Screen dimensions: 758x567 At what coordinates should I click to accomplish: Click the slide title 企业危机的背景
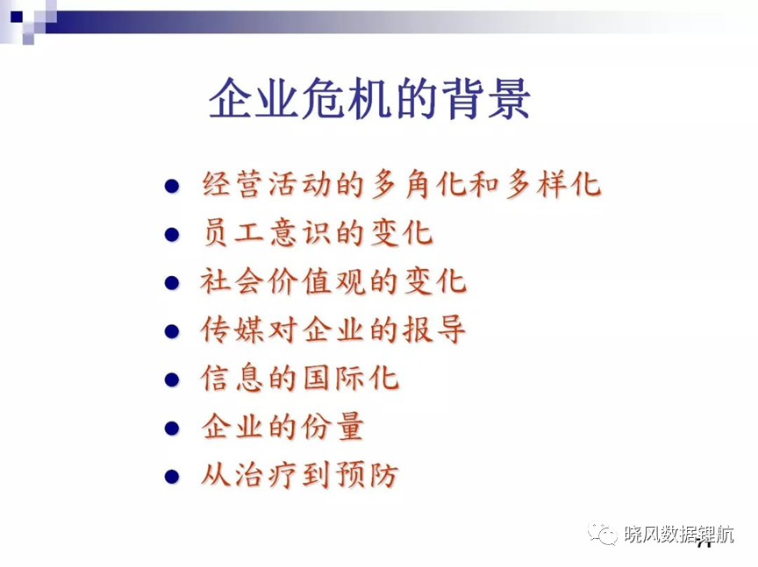pyautogui.click(x=370, y=98)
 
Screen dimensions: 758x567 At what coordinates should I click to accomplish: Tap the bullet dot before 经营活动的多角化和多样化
pyautogui.click(x=172, y=186)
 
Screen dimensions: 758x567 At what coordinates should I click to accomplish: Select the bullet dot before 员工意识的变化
pyautogui.click(x=172, y=235)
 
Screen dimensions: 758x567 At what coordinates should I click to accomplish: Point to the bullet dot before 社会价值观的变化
pyautogui.click(x=172, y=283)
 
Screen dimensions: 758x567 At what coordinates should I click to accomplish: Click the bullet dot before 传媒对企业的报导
pyautogui.click(x=172, y=331)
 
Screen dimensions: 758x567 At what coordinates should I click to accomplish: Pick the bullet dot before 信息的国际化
pyautogui.click(x=172, y=379)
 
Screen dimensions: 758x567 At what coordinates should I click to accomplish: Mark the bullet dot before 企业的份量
pyautogui.click(x=172, y=428)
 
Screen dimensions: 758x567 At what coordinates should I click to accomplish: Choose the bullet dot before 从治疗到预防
pyautogui.click(x=172, y=477)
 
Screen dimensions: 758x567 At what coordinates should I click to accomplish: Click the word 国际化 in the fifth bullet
pyautogui.click(x=351, y=379)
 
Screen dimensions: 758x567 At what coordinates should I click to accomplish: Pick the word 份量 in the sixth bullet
pyautogui.click(x=333, y=427)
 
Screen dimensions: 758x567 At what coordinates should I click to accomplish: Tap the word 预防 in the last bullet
pyautogui.click(x=368, y=475)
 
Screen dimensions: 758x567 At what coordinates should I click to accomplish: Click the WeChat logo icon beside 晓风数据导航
pyautogui.click(x=603, y=533)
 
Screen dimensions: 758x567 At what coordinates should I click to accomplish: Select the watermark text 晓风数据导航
pyautogui.click(x=679, y=535)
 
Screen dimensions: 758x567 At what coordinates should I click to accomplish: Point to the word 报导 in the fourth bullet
pyautogui.click(x=434, y=330)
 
